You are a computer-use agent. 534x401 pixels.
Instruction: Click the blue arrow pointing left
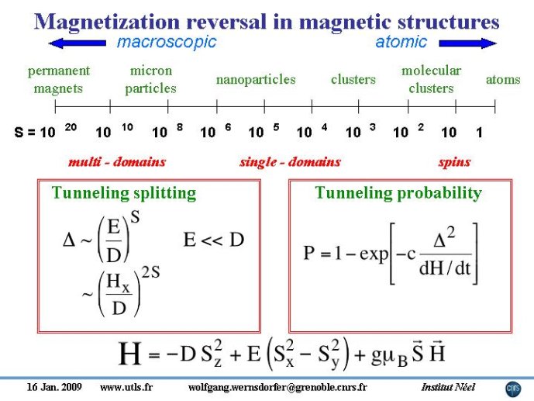click(x=78, y=43)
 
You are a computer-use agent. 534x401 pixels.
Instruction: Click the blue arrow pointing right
click(x=468, y=43)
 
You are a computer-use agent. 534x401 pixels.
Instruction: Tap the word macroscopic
click(x=167, y=42)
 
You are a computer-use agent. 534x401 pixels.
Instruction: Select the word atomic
click(x=401, y=42)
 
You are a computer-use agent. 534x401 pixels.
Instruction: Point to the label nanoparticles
click(x=256, y=80)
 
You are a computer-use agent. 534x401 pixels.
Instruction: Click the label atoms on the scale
click(x=503, y=79)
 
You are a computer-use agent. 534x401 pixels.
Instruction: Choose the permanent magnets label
click(x=59, y=79)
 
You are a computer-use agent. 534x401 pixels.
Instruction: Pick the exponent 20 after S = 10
click(x=71, y=127)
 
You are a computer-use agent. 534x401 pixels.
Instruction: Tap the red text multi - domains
click(x=117, y=161)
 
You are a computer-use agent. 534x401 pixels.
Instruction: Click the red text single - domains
click(x=290, y=162)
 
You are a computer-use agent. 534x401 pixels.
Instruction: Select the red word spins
click(x=455, y=162)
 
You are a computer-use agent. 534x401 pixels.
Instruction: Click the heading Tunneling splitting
click(x=124, y=193)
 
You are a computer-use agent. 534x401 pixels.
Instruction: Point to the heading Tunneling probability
click(x=398, y=193)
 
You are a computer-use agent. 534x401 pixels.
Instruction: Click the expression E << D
click(x=214, y=240)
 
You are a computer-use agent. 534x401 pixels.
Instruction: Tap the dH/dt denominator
click(x=445, y=268)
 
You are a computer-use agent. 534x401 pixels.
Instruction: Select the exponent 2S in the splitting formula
click(x=150, y=272)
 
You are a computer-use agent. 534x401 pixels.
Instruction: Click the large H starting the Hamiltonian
click(x=129, y=354)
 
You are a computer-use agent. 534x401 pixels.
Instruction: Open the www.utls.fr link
click(x=126, y=387)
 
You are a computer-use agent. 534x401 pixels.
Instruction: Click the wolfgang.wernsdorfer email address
click(x=277, y=387)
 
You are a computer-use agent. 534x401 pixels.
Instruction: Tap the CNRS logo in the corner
click(x=513, y=389)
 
